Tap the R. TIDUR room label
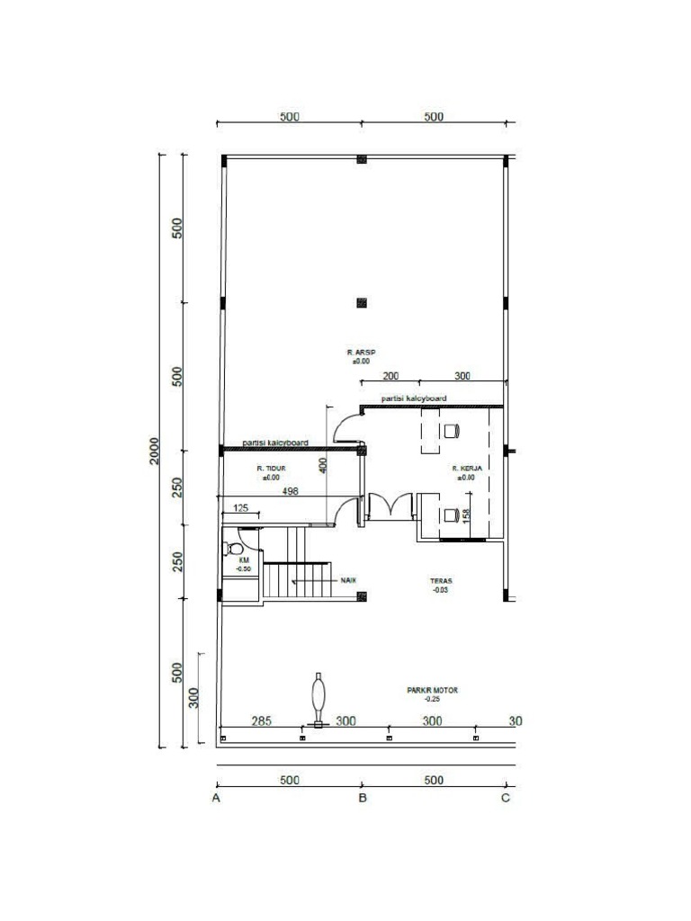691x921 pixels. point(271,469)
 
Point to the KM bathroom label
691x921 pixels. point(243,559)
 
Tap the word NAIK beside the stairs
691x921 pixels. point(349,580)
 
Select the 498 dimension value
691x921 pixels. point(290,492)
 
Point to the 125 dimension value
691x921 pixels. point(241,509)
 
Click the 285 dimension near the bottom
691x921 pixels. point(261,721)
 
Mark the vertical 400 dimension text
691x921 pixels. point(321,465)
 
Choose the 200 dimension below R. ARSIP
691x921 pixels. point(390,376)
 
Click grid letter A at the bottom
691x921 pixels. point(216,798)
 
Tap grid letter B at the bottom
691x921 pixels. point(362,798)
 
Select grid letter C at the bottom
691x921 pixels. point(506,798)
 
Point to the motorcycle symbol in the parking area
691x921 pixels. point(318,699)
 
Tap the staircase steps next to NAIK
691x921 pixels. point(297,580)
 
